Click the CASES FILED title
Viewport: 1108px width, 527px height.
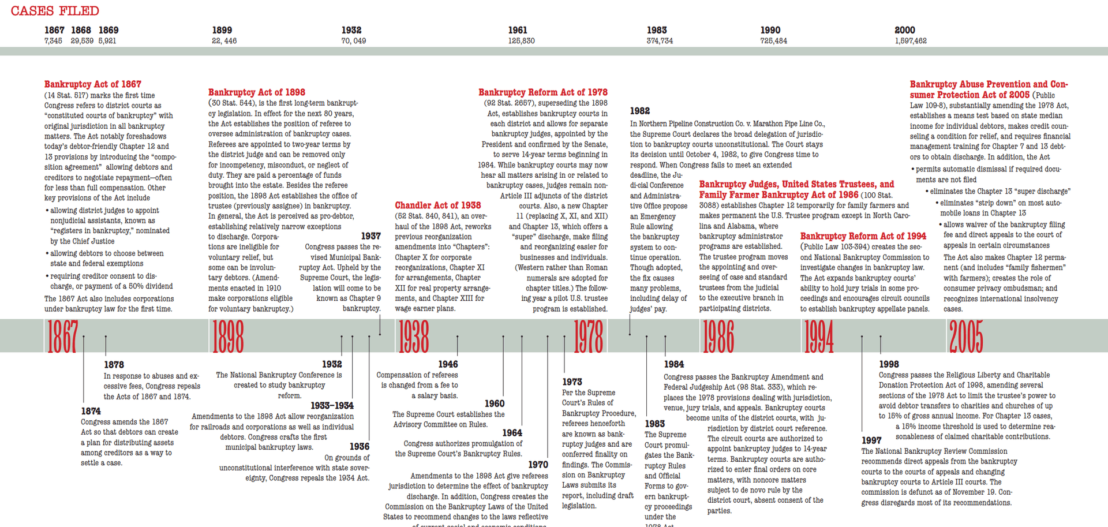55,11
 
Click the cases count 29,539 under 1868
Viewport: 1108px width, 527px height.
82,41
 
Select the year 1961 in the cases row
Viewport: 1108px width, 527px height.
518,30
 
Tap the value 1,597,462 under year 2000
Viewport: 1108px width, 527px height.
911,41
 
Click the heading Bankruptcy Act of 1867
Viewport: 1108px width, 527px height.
93,84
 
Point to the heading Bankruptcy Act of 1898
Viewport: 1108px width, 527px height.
257,92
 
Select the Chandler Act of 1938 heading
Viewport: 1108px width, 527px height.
438,205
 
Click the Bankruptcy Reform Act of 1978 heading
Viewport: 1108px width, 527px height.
543,92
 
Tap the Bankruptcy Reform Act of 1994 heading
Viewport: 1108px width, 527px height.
863,236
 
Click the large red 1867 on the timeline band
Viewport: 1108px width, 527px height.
62,337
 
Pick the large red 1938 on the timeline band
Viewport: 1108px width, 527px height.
414,337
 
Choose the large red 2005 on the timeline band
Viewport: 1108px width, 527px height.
965,337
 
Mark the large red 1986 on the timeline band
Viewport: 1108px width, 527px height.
718,337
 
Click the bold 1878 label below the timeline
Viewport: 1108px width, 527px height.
114,365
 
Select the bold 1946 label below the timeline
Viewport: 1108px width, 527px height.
448,364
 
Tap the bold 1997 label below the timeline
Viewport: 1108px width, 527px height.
871,440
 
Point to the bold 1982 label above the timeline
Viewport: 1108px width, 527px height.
640,111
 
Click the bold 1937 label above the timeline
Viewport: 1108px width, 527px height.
371,236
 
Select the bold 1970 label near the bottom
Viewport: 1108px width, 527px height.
538,465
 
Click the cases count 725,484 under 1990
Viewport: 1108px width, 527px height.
773,41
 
